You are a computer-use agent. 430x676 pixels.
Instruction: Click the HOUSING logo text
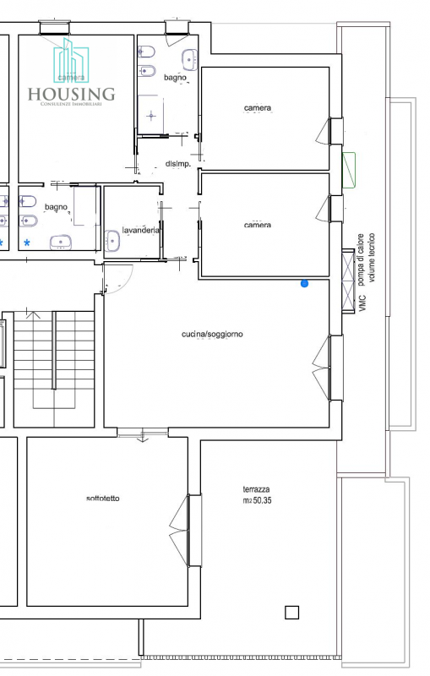tap(72, 94)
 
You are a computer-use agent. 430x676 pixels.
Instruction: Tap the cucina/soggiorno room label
tap(212, 334)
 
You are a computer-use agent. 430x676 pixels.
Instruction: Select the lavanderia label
tap(140, 230)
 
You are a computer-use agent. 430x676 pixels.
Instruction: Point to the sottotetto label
tap(103, 499)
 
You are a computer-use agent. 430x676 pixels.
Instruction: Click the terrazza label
tap(256, 489)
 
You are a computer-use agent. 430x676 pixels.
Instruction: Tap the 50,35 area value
tap(262, 500)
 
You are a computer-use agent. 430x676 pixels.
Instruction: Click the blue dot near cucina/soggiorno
tap(305, 283)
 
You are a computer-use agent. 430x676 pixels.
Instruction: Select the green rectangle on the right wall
tap(349, 170)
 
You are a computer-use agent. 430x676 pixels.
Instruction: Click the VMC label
tap(362, 303)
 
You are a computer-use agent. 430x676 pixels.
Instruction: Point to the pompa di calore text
tap(361, 259)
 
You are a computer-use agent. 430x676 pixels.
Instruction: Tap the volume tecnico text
tap(372, 258)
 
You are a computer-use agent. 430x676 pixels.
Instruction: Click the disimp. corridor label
tap(178, 164)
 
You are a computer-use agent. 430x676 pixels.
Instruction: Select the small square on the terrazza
tap(291, 612)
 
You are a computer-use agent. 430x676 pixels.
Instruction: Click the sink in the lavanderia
tap(112, 240)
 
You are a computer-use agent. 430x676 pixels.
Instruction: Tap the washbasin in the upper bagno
tap(189, 59)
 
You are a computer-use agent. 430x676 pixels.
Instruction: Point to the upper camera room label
tap(258, 108)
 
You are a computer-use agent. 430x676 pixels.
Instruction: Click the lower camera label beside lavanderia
tap(258, 225)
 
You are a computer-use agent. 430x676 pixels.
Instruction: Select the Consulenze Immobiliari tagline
tap(71, 104)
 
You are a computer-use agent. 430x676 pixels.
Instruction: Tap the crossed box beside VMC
tap(348, 281)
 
